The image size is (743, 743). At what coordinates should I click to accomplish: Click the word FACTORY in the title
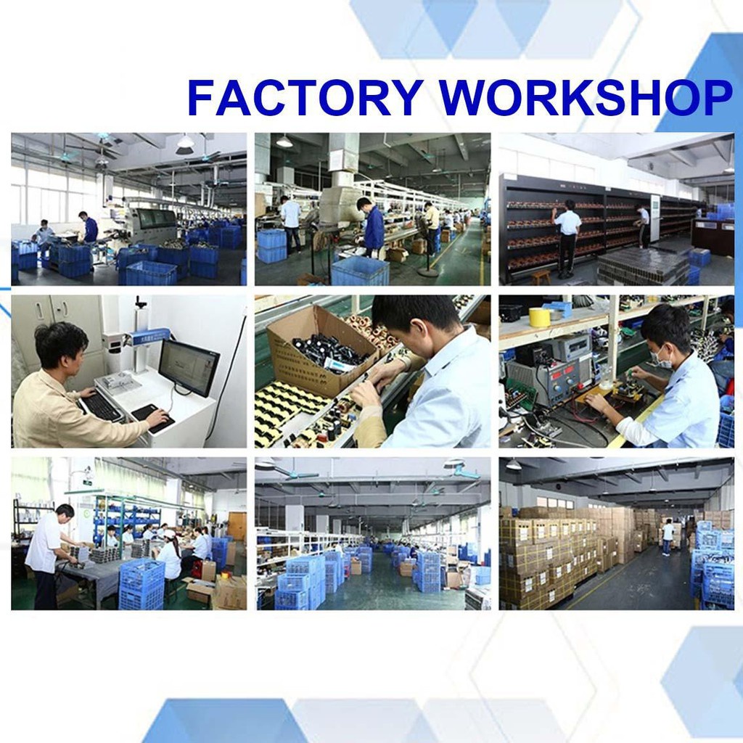pos(305,98)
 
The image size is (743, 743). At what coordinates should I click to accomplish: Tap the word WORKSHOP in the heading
pos(586,98)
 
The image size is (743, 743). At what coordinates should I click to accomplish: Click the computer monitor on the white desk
pos(189,368)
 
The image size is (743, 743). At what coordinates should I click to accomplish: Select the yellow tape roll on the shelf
pos(539,317)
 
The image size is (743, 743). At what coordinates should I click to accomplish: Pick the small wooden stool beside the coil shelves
pos(541,276)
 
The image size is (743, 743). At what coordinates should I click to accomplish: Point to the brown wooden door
pos(237,527)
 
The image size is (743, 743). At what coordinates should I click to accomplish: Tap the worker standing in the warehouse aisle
pos(668,537)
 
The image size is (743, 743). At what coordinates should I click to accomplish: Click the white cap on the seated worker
pos(168,533)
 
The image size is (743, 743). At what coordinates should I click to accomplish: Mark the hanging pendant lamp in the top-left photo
pos(185,144)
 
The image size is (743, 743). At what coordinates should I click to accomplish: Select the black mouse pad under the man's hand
pos(152,418)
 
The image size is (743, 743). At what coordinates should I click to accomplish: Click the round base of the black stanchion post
pos(428,273)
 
